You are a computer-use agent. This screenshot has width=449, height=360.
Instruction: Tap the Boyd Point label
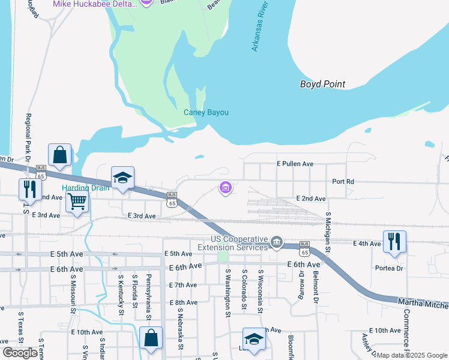322,84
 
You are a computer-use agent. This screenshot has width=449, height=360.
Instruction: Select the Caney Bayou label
206,112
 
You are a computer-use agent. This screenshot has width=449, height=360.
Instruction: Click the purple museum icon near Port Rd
226,189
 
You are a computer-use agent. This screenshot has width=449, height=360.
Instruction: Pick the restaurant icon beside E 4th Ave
394,241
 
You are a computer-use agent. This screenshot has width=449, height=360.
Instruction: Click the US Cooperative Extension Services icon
276,242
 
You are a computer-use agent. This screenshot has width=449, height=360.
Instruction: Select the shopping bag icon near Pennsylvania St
151,338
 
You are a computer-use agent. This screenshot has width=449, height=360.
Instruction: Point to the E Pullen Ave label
295,163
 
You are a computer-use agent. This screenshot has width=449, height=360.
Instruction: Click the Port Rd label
343,181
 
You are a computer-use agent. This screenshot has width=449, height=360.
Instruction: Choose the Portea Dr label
387,268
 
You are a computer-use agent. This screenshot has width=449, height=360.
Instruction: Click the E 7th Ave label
183,285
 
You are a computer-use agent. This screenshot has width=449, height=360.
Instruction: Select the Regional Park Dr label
28,134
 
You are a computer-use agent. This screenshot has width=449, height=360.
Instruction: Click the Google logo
20,353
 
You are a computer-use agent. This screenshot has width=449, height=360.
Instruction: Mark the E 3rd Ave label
142,216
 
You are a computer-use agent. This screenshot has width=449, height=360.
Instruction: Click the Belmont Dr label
315,287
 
